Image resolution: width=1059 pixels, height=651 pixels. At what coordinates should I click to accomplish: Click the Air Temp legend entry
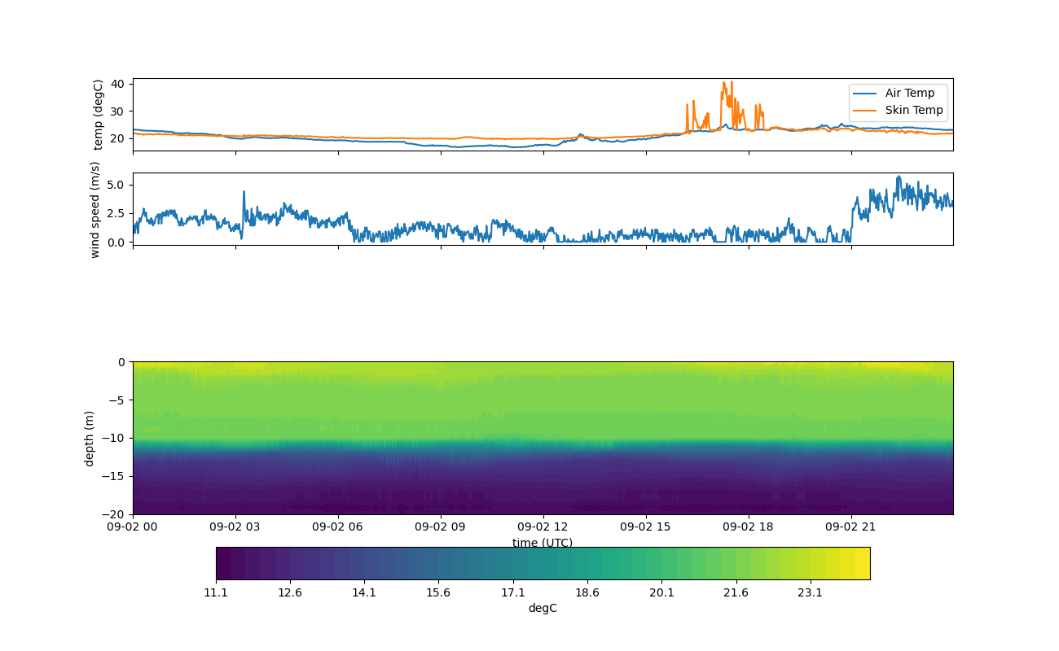tap(909, 93)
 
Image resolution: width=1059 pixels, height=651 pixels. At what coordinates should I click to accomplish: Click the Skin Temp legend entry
tap(913, 110)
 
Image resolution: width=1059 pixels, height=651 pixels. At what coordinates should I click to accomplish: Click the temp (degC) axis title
tap(99, 114)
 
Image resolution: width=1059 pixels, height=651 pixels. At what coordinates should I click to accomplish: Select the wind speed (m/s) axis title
tap(95, 209)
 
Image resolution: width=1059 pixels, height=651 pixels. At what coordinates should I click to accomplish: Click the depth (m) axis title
tap(90, 438)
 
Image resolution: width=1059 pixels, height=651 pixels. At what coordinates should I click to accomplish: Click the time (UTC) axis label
tap(543, 543)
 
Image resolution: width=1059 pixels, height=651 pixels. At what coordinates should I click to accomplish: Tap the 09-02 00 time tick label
tap(134, 526)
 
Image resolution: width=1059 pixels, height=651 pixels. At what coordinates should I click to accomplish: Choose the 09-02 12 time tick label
tap(543, 526)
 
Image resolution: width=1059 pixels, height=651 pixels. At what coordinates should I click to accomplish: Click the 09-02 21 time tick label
tap(851, 526)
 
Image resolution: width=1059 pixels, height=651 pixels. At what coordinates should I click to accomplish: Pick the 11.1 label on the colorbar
tap(216, 592)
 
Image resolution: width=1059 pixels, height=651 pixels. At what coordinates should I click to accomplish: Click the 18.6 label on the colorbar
tap(587, 592)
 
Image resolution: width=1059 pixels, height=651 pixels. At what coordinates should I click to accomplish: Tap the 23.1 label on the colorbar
tap(810, 592)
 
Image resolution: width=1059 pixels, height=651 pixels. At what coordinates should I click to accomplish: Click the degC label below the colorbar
tap(543, 608)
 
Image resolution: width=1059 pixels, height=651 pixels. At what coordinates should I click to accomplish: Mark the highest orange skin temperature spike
tap(723, 82)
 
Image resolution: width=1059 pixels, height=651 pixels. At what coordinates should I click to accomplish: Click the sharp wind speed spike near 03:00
tap(244, 192)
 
